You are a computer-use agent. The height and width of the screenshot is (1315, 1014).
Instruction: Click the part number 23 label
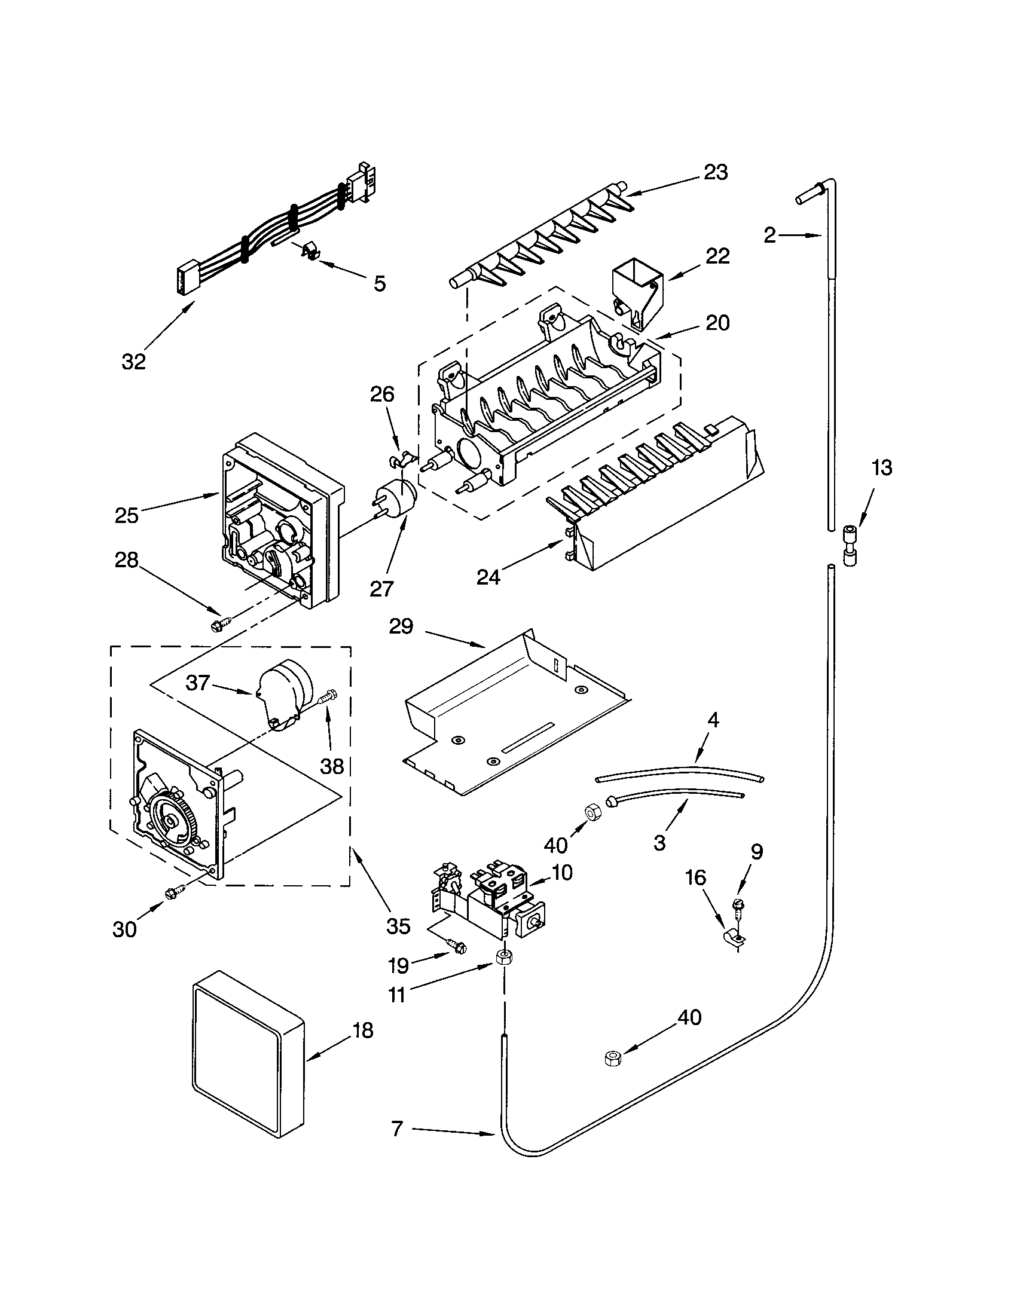tap(716, 172)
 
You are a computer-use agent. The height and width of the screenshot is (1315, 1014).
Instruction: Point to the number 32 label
tap(133, 361)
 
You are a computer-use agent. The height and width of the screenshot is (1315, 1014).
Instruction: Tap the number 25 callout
tap(126, 515)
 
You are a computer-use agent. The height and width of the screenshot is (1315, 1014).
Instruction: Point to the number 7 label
tap(397, 1129)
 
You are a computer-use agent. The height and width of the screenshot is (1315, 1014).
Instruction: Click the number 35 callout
tap(398, 926)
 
